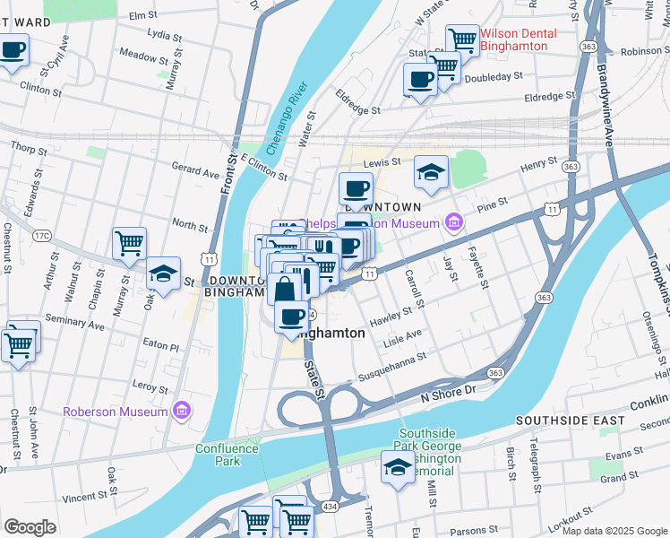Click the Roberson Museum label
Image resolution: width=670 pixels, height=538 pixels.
116,412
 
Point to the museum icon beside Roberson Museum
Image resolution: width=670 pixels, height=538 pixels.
182,412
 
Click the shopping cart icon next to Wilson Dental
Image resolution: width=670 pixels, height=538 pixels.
462,39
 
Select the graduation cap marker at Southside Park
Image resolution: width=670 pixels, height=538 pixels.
398,467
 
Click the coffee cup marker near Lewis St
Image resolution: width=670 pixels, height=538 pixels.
356,189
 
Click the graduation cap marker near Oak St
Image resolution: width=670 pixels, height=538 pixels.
162,273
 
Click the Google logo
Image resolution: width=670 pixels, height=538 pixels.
30,527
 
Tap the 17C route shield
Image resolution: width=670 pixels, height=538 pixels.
40,236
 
